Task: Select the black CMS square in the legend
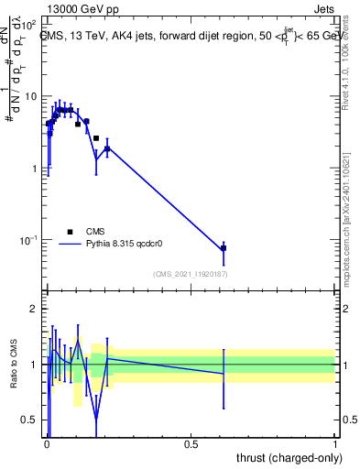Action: (x=69, y=232)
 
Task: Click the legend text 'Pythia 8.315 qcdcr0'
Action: (x=127, y=245)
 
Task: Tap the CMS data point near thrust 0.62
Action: (x=224, y=248)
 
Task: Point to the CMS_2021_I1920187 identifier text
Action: (x=190, y=274)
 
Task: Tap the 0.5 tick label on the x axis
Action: (x=191, y=442)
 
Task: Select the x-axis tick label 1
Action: (x=335, y=442)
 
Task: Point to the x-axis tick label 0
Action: (x=47, y=442)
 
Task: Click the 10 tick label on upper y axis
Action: (x=30, y=96)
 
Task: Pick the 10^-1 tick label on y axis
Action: (x=28, y=240)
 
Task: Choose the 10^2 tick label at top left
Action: (x=28, y=25)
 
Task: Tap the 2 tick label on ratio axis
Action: (x=34, y=309)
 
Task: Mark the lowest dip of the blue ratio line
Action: (x=96, y=421)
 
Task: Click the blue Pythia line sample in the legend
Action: (x=70, y=245)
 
